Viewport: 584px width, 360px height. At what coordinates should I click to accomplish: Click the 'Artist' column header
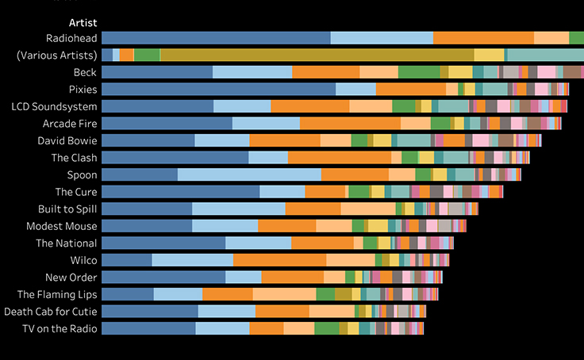83,22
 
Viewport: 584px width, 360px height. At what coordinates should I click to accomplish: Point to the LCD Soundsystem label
55,106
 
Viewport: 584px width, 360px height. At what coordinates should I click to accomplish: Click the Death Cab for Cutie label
51,311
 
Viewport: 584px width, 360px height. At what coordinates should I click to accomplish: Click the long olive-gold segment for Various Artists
317,55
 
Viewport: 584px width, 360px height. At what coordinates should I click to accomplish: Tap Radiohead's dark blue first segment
216,38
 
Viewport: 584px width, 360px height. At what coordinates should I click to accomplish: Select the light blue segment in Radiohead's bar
382,38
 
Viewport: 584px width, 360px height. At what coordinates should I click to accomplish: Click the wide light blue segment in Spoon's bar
249,174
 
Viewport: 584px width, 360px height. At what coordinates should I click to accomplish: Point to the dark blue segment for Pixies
218,89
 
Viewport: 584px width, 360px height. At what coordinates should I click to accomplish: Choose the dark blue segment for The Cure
180,192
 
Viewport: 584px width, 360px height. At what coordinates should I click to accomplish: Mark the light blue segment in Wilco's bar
192,260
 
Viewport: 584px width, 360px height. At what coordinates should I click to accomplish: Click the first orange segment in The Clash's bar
339,158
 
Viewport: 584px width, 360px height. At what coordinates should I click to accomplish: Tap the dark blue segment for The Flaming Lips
127,294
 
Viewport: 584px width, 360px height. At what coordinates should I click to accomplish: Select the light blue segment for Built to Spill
238,209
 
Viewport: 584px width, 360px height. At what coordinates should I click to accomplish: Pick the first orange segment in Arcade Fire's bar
350,123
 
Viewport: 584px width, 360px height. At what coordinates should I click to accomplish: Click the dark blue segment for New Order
163,277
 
